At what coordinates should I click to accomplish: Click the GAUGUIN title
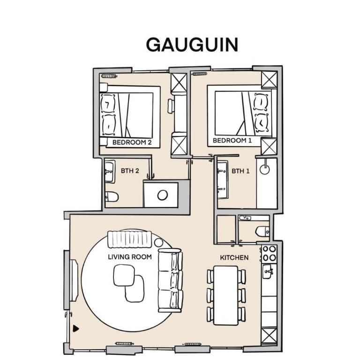pos(192,45)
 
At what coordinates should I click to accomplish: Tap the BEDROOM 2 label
pos(132,142)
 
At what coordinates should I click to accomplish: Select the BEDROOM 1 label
pos(232,140)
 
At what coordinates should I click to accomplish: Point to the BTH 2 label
pos(130,171)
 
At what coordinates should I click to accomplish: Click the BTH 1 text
pos(240,171)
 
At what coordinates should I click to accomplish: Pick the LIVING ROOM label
pos(130,257)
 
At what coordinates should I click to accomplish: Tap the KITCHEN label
pos(234,258)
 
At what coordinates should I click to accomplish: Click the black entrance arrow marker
pos(76,329)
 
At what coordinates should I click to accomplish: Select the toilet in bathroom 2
pos(112,197)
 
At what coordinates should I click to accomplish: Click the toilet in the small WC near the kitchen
pos(262,231)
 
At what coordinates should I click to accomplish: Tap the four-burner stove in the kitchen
pos(269,254)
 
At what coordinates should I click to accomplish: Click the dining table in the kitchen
pos(226,295)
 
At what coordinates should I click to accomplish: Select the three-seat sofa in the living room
pos(171,280)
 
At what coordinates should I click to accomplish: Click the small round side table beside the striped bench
pos(158,242)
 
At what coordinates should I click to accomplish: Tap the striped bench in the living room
pos(130,240)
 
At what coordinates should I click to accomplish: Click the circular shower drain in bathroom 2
pos(163,195)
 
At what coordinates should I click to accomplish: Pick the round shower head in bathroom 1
pos(265,170)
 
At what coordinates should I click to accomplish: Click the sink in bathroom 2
pos(110,172)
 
